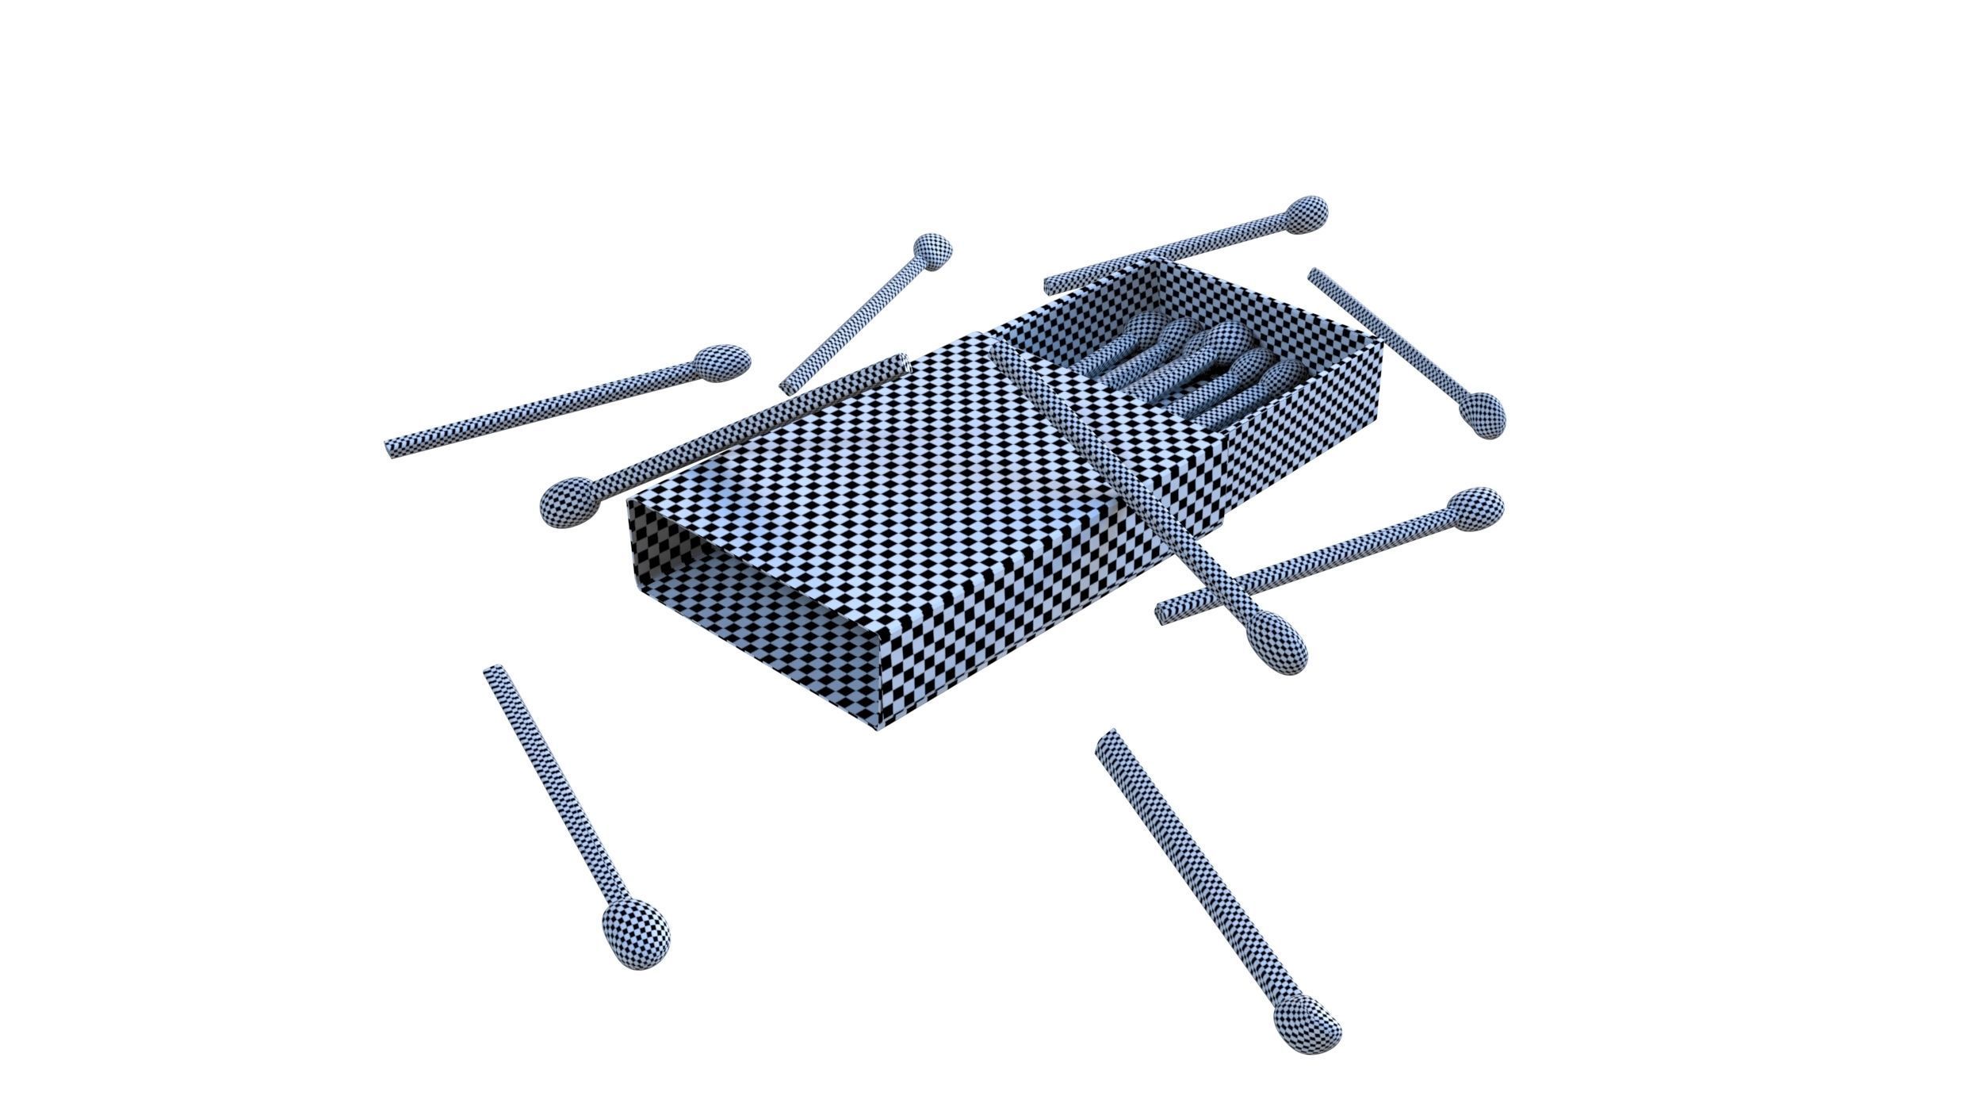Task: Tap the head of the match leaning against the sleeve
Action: (569, 501)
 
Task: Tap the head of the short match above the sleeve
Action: (932, 251)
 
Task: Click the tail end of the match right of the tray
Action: (1316, 275)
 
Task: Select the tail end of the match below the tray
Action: (1164, 613)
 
